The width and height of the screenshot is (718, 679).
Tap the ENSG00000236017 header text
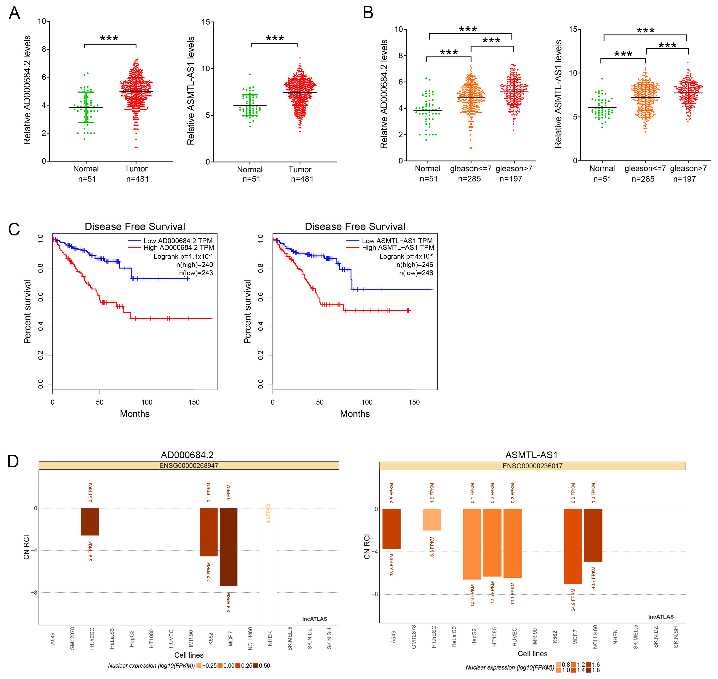tap(532, 466)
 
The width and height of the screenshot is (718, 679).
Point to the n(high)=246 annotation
tap(415, 265)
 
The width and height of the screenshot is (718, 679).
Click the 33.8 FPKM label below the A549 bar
tap(392, 565)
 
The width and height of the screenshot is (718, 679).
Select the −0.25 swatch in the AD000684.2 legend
tap(199, 666)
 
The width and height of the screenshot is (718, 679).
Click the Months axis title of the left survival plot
tap(135, 414)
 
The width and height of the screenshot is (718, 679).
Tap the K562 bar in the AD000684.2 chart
tap(209, 532)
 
